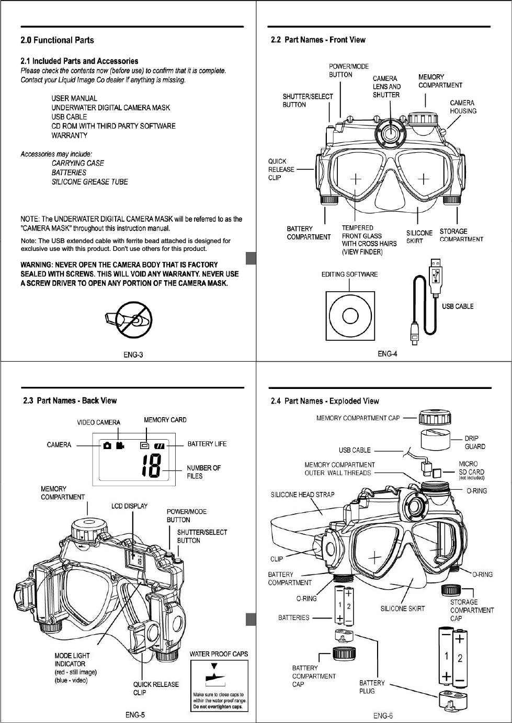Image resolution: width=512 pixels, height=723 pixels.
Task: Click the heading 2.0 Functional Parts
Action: pyautogui.click(x=57, y=40)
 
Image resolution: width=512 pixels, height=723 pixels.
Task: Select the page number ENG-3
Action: pyautogui.click(x=133, y=355)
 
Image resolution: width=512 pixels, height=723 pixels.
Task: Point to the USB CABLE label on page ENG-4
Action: pyautogui.click(x=457, y=306)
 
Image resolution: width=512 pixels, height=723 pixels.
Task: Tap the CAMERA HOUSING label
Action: pyautogui.click(x=463, y=107)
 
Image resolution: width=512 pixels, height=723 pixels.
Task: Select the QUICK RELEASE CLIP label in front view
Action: pyautogui.click(x=281, y=169)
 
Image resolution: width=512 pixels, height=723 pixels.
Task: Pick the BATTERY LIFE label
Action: pyautogui.click(x=207, y=444)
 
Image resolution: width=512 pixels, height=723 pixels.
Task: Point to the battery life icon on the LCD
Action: pyautogui.click(x=160, y=446)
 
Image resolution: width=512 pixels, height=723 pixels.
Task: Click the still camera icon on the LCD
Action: pyautogui.click(x=107, y=445)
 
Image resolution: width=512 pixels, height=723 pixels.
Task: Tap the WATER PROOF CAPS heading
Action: pyautogui.click(x=219, y=654)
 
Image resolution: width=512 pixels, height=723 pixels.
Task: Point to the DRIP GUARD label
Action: pyautogui.click(x=474, y=442)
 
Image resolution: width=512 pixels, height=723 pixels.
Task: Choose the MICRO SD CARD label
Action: pyautogui.click(x=471, y=468)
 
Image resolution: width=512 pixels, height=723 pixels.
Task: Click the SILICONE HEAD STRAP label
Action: pyautogui.click(x=302, y=495)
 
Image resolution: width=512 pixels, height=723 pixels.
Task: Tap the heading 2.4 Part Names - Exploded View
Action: pyautogui.click(x=325, y=401)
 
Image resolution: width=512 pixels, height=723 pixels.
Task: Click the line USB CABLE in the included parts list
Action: pyautogui.click(x=69, y=117)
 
